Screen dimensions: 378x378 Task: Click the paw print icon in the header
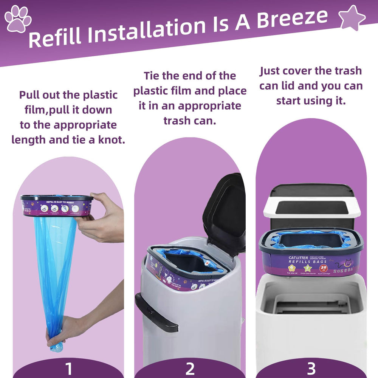point(18,18)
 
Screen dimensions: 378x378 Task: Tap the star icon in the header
point(352,18)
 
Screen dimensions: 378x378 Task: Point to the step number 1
point(68,368)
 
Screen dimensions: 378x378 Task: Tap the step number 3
point(311,368)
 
